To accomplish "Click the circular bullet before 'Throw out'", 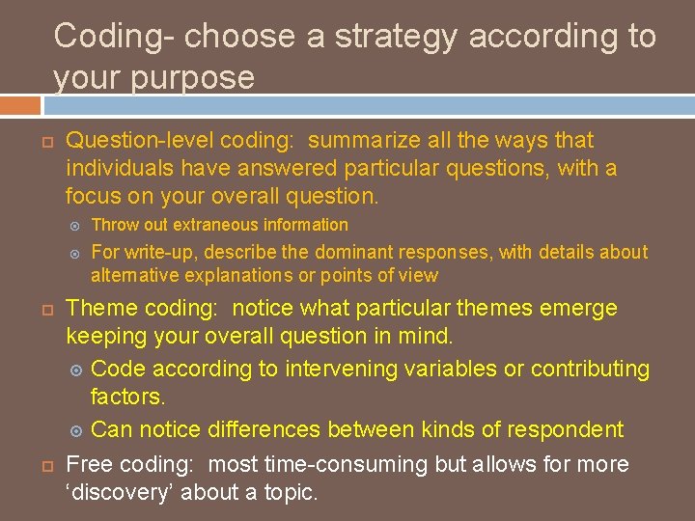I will pos(77,226).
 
